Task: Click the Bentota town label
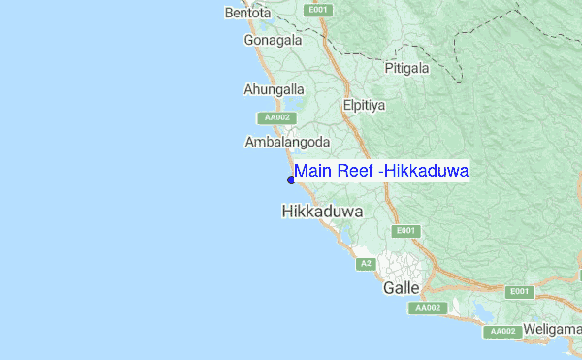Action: [x=247, y=14]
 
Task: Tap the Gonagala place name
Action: [x=273, y=41]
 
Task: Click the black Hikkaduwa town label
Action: [x=322, y=210]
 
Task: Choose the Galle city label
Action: [x=402, y=288]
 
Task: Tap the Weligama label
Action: [x=553, y=330]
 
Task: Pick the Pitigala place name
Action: [x=406, y=69]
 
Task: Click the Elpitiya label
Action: [x=365, y=104]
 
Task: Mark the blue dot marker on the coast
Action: [x=290, y=179]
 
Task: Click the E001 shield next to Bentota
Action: [x=318, y=10]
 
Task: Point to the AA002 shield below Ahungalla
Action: [x=276, y=117]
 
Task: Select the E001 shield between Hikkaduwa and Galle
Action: [x=404, y=231]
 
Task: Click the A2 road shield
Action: [x=366, y=264]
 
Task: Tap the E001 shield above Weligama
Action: [x=519, y=291]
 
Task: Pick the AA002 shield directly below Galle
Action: [x=428, y=308]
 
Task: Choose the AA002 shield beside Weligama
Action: [x=502, y=331]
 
